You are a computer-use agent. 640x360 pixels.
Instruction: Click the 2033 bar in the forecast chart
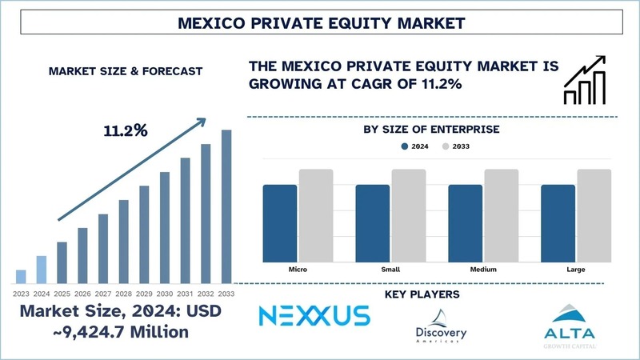coord(226,206)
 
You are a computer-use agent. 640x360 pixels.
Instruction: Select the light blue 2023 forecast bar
coord(21,277)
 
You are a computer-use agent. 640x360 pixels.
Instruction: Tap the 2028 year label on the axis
coord(124,294)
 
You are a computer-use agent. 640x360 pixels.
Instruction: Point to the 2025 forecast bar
coord(62,262)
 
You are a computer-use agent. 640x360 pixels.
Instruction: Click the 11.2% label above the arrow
coord(125,130)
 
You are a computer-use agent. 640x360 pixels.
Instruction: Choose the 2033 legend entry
coord(458,147)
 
